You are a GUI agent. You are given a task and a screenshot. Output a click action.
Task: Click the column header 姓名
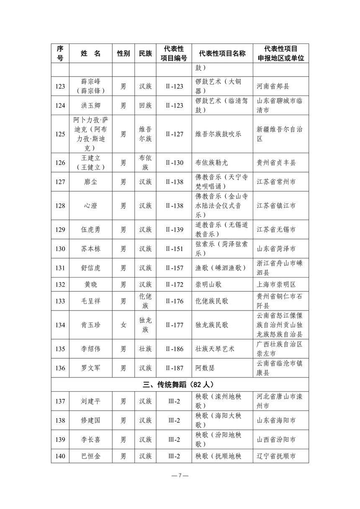click(90, 54)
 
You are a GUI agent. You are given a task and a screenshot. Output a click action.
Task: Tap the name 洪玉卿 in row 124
click(90, 105)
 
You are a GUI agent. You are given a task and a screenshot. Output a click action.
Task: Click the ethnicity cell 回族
click(145, 105)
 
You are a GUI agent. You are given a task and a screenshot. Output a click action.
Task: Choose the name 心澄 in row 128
click(90, 206)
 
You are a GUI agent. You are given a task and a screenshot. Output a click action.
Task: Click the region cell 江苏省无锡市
click(276, 229)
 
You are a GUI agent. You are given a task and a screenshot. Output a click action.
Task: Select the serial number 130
click(60, 249)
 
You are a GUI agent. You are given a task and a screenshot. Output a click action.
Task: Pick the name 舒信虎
click(90, 268)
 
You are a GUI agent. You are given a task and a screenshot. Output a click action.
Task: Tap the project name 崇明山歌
click(208, 285)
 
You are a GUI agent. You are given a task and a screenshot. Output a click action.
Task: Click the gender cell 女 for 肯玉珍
click(123, 325)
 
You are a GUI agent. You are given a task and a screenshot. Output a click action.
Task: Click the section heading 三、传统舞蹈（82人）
click(180, 384)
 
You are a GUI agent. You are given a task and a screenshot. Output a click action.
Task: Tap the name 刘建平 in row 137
click(90, 401)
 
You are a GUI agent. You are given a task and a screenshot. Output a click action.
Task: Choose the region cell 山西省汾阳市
click(276, 440)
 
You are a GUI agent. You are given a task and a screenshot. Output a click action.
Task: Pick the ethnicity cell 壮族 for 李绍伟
click(145, 349)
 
